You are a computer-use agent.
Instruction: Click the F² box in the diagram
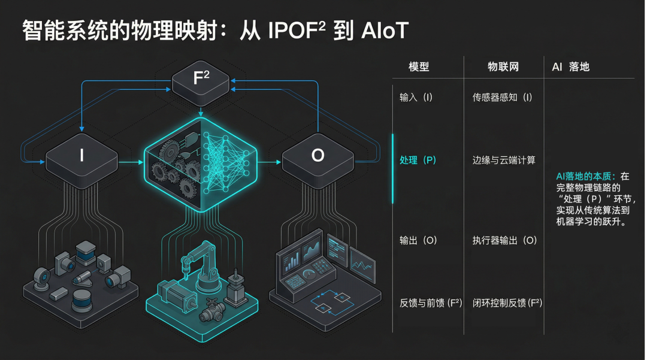(x=201, y=80)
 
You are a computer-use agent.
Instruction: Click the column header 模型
(x=419, y=66)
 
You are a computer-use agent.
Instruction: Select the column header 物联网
(x=503, y=66)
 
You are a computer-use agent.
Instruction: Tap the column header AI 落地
(x=570, y=66)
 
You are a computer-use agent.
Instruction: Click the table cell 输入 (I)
(x=416, y=98)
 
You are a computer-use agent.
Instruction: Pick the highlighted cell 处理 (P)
(x=418, y=160)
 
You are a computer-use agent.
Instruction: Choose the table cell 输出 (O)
(x=418, y=240)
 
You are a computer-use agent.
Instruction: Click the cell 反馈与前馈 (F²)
(x=431, y=303)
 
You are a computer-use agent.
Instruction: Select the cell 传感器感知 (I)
(x=502, y=98)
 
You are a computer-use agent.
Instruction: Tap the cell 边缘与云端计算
(x=504, y=160)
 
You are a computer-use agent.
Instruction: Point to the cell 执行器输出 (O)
(x=504, y=240)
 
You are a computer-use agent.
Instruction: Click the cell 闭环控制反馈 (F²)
(x=507, y=303)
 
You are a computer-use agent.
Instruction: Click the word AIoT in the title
(x=385, y=30)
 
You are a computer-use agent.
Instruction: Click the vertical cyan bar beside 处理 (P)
(x=393, y=168)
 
